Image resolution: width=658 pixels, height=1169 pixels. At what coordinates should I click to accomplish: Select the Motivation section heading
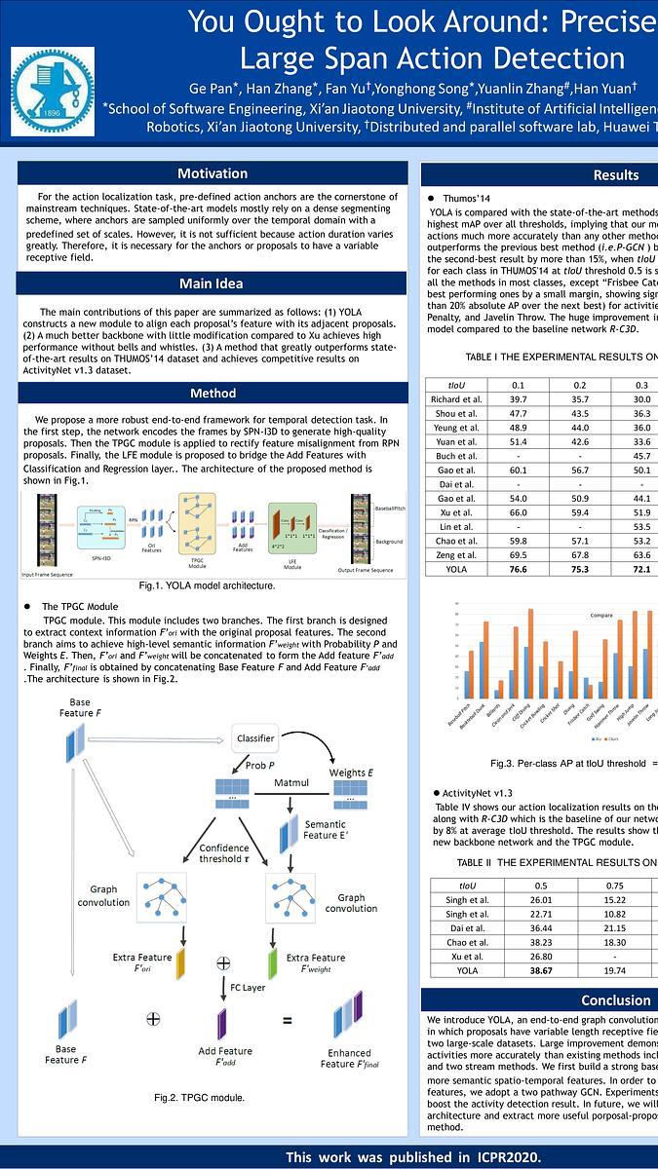[213, 173]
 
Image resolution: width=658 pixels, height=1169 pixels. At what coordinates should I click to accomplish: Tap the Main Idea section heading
[213, 283]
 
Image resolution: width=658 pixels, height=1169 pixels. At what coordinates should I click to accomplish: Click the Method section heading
[213, 394]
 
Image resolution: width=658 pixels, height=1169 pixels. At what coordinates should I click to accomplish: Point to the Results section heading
[615, 175]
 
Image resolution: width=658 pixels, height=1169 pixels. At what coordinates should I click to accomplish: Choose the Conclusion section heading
[615, 1000]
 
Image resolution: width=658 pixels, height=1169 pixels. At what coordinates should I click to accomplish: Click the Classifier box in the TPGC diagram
[255, 738]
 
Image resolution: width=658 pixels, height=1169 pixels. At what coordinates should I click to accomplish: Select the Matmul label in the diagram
[290, 782]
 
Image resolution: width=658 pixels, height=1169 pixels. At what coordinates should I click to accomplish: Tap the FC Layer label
[249, 987]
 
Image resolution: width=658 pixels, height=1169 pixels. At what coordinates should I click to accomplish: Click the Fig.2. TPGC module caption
[199, 1098]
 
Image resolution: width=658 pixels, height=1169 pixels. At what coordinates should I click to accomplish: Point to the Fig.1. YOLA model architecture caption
[207, 585]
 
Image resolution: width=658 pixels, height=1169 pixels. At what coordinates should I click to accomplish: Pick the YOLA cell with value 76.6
[518, 569]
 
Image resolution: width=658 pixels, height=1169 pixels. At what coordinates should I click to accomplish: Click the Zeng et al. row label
[456, 553]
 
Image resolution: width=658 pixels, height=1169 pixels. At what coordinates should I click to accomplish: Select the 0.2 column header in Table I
[580, 384]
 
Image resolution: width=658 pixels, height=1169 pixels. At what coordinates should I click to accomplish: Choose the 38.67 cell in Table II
[540, 971]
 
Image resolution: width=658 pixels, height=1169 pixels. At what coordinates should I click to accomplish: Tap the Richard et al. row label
[456, 399]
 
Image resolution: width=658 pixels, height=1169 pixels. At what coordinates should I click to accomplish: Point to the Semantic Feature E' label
[325, 831]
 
